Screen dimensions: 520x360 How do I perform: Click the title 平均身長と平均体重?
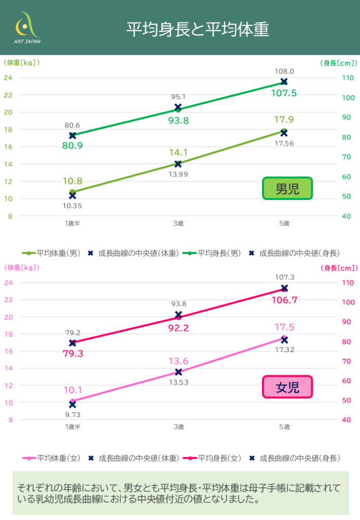coord(198,29)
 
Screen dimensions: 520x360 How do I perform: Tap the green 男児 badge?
coord(287,188)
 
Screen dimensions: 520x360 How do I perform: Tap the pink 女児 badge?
coord(287,387)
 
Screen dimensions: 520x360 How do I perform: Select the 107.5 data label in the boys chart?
coord(284,93)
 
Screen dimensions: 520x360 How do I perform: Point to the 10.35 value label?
coord(72,206)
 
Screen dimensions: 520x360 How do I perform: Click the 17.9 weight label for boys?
coord(284,120)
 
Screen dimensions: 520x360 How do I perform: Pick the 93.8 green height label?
coord(179,120)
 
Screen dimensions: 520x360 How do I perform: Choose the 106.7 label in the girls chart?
coord(284,300)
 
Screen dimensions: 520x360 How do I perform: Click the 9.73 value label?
coord(72,414)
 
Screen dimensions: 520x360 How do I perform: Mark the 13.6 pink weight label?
coord(179,361)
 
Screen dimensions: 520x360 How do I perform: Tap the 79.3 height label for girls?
coord(73,353)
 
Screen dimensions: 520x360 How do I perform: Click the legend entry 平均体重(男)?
coord(51,252)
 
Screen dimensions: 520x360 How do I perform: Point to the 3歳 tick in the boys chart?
coord(178,223)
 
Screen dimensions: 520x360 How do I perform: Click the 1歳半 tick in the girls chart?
coord(73,427)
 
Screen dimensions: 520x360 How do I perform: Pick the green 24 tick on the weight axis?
coord(9,78)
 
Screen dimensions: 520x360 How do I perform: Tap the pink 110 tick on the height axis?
coord(346,283)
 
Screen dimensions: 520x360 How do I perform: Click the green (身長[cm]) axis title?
coord(339,63)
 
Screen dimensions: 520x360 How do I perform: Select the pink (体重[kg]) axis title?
coord(21,267)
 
